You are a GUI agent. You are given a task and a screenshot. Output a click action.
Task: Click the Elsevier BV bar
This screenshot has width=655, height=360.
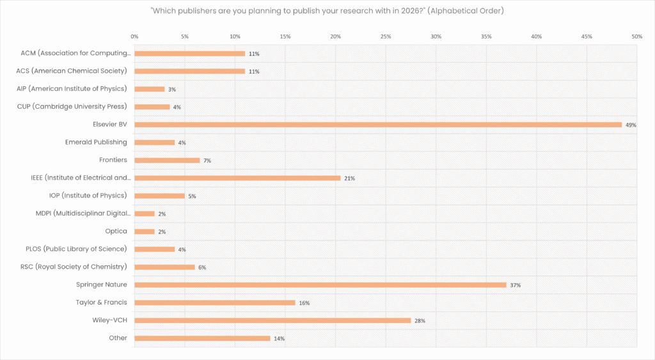[x=377, y=125]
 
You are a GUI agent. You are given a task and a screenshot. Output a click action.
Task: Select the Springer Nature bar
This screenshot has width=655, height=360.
[x=320, y=285]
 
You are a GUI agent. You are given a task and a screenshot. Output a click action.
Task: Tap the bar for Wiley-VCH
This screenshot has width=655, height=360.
[x=272, y=320]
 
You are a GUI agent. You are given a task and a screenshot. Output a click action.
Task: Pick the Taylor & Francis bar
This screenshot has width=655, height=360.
[x=215, y=302]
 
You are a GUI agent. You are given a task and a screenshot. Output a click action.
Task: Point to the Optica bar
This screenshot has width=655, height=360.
[x=145, y=231]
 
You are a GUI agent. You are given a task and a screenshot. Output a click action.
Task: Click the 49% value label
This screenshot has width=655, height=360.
[x=631, y=125]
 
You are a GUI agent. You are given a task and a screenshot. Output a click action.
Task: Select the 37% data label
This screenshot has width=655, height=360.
[x=515, y=285]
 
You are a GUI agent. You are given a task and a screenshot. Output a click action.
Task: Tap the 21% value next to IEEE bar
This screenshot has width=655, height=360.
[x=349, y=178]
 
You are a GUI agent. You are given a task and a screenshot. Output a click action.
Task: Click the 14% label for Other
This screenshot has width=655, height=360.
[x=279, y=338]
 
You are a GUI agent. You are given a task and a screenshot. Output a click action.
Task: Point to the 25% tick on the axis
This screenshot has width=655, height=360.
[x=386, y=37]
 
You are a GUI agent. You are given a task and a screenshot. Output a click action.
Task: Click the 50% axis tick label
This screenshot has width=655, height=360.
[x=636, y=37]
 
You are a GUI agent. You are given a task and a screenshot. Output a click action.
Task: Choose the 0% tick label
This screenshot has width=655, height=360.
[x=134, y=37]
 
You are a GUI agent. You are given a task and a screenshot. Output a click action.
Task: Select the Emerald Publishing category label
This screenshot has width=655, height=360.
[x=96, y=142]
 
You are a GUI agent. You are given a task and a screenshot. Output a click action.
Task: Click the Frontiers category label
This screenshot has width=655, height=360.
[x=113, y=160]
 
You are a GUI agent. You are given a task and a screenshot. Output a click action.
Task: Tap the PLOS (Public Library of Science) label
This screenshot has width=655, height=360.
[x=75, y=249]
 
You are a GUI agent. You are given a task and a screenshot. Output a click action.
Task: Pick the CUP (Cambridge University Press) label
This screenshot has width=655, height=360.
[x=72, y=106]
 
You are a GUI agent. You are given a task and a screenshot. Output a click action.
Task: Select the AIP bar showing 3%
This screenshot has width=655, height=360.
[x=150, y=89]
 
